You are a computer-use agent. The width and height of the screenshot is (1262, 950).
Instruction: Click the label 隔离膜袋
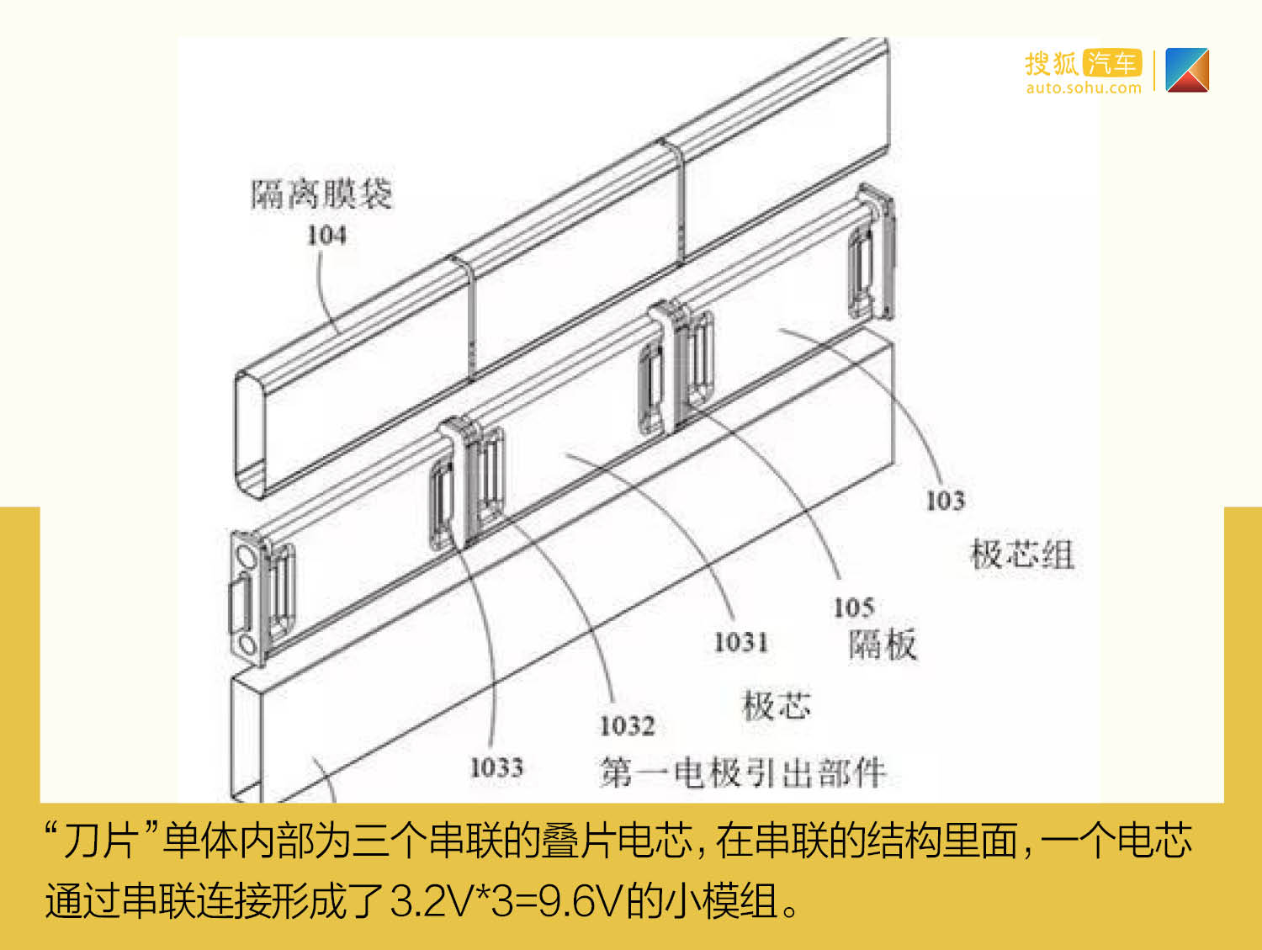click(x=321, y=194)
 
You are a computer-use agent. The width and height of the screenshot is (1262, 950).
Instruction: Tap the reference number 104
click(x=326, y=236)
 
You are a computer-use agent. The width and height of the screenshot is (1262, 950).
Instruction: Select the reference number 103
click(x=945, y=501)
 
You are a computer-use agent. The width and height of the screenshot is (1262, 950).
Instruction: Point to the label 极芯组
click(x=1022, y=555)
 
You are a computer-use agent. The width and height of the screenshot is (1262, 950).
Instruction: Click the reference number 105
click(x=854, y=608)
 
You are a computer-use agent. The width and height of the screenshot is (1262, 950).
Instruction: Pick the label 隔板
click(x=883, y=645)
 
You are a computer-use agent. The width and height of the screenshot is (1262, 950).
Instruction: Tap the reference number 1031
click(x=741, y=642)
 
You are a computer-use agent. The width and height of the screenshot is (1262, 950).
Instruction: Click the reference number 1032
click(x=628, y=725)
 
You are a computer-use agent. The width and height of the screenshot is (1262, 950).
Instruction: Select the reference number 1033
click(x=496, y=767)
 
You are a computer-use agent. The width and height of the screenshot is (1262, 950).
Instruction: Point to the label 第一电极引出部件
click(x=743, y=772)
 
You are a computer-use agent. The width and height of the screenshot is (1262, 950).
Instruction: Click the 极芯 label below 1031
click(x=777, y=706)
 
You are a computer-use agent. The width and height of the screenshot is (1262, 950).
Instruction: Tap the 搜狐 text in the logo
click(x=1052, y=63)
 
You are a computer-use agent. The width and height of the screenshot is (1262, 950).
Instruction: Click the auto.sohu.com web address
click(x=1084, y=88)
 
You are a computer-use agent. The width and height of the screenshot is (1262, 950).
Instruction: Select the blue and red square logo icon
click(x=1187, y=70)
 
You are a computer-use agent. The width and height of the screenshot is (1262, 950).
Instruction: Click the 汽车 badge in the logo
click(x=1112, y=63)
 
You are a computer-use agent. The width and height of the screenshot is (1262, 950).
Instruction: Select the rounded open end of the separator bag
click(x=250, y=434)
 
